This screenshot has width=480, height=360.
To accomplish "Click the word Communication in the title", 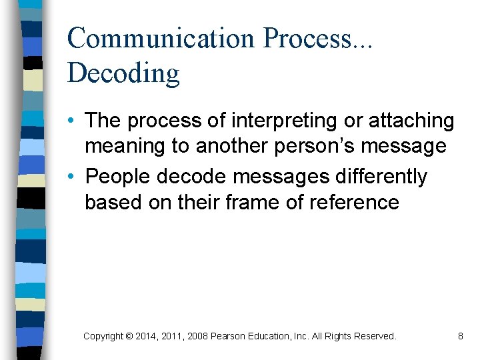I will click(x=161, y=38).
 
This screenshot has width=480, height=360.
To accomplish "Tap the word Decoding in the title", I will click(x=123, y=73).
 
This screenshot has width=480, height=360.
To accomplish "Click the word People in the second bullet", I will click(x=117, y=177).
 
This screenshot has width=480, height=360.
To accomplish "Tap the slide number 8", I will click(x=460, y=337).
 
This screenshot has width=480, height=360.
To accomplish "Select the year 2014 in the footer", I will click(x=145, y=337).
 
